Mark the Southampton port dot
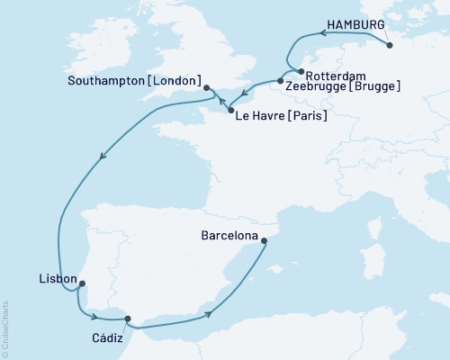click(207, 87)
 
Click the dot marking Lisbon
click(82, 284)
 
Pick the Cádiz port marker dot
click(127, 318)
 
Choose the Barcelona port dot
click(264, 240)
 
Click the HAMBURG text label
click(359, 24)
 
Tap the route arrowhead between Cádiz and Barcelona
click(210, 313)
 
